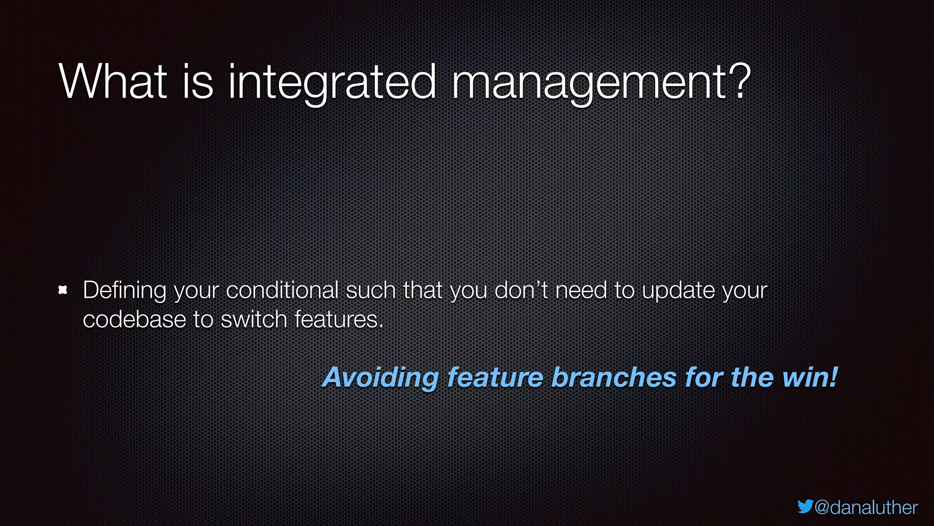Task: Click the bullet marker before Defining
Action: [x=63, y=290]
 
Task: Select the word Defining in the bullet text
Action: [x=125, y=291]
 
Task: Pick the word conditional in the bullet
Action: [x=282, y=290]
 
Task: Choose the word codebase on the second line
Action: [x=134, y=319]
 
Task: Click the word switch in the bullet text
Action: [x=254, y=319]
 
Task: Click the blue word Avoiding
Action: [x=381, y=378]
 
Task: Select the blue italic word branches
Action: [x=614, y=378]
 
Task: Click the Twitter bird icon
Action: [x=805, y=506]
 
